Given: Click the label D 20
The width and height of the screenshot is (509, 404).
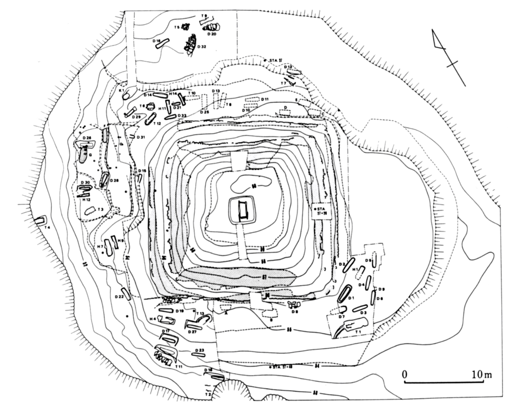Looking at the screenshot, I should coord(212,34).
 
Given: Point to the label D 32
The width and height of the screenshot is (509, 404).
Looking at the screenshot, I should coord(202,47).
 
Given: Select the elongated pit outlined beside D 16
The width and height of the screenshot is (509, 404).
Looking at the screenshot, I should coord(162,43).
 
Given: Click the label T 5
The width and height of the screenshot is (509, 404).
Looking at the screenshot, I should coord(177,27).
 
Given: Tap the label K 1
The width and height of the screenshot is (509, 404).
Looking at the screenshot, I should coord(121,90).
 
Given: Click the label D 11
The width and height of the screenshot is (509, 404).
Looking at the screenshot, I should coord(264,99).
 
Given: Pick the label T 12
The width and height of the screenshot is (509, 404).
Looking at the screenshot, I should coord(157,124).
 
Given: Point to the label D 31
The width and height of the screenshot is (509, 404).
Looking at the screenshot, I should coord(141,137).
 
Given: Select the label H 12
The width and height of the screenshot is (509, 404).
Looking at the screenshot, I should coord(87,200).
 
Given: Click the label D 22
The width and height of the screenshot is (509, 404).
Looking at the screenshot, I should coord(119,297).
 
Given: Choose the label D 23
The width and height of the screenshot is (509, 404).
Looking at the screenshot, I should coord(199,350).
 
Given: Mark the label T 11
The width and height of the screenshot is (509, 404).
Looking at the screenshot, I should coord(178,366).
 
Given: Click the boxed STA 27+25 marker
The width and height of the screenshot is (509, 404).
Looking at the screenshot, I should coord(321,210).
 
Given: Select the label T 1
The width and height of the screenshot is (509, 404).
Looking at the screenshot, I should coord(358,332).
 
